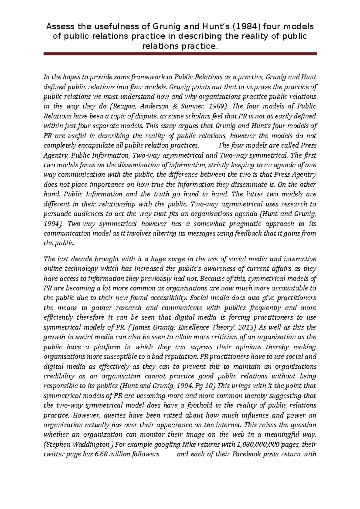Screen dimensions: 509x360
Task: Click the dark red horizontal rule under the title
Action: pyautogui.click(x=180, y=54)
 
